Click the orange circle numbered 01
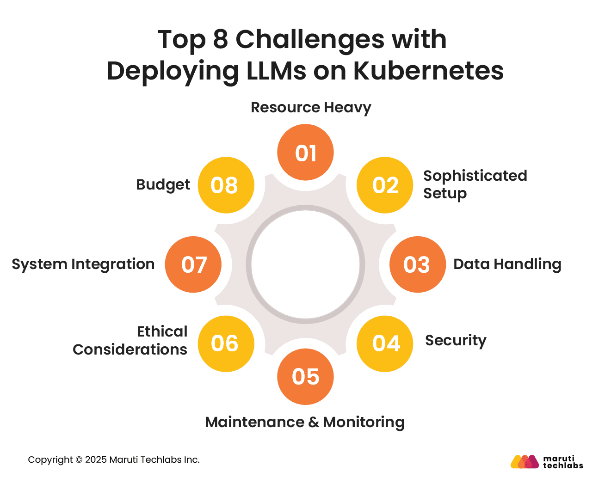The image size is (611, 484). coord(305,152)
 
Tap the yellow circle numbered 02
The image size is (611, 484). coord(385,185)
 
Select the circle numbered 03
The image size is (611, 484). coord(418,264)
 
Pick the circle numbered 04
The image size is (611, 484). coord(385,344)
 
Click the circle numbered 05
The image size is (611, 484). coord(305,377)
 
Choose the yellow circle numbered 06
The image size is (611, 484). coord(226,344)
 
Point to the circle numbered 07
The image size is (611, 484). coord(193,264)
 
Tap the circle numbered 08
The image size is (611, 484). coord(226,185)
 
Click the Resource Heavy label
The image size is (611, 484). coord(311,108)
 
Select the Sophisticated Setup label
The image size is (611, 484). coord(475,185)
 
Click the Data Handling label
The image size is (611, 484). coord(507,264)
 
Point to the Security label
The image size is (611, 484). coord(456,341)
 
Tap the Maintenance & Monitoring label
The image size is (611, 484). coord(305,423)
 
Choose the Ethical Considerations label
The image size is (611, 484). coord(130,340)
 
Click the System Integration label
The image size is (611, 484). coord(83,264)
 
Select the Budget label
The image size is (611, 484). coord(163,185)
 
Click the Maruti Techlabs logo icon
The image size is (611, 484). coord(525,461)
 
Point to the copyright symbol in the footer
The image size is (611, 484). coord(79,460)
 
